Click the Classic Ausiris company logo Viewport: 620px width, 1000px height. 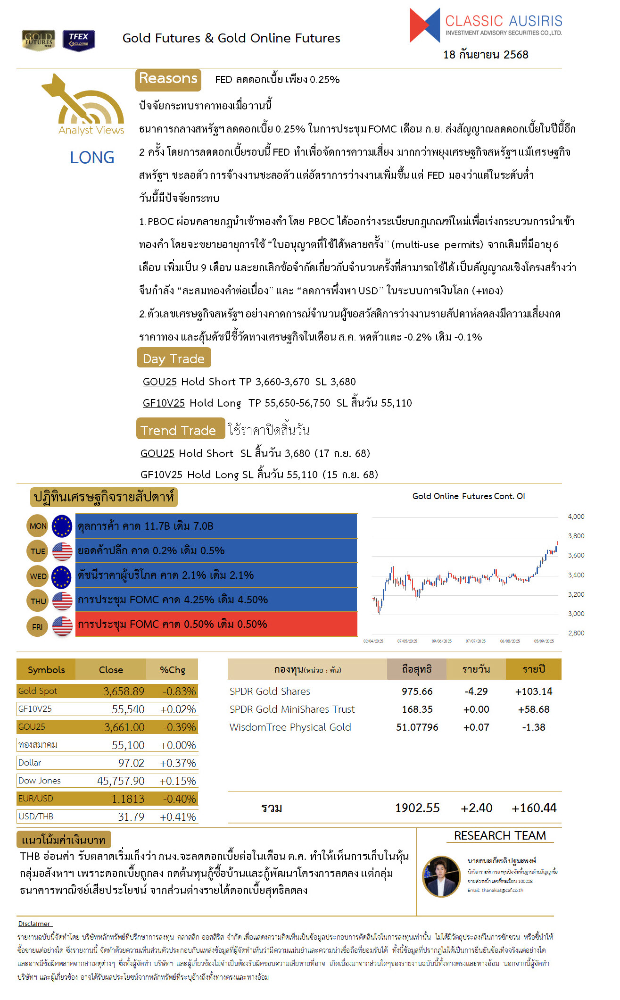pos(486,25)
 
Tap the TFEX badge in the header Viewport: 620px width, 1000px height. pos(79,40)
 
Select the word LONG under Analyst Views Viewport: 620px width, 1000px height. pos(92,158)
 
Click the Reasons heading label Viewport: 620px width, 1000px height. pos(168,79)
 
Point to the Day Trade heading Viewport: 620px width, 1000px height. pos(174,358)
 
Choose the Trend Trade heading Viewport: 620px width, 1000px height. pos(179,430)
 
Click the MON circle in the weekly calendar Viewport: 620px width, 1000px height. pos(38,526)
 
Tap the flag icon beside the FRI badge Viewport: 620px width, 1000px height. pos(62,626)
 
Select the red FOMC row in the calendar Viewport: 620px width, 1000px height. pos(216,624)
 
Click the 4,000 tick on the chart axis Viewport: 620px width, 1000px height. pos(576,517)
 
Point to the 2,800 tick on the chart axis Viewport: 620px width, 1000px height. pos(576,633)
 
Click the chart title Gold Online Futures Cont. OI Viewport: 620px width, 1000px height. pos(468,496)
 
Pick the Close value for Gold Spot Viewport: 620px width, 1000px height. pos(124,692)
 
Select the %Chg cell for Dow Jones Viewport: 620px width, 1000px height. pos(178,781)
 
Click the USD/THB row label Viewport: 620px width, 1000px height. pos(36,817)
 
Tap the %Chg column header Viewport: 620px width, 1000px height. pos(172,670)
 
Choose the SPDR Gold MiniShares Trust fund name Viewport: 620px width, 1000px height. pos(292,709)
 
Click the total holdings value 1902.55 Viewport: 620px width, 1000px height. pos(417,808)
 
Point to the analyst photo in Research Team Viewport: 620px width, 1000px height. pos(441,876)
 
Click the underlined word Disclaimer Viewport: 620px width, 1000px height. pos(34,924)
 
